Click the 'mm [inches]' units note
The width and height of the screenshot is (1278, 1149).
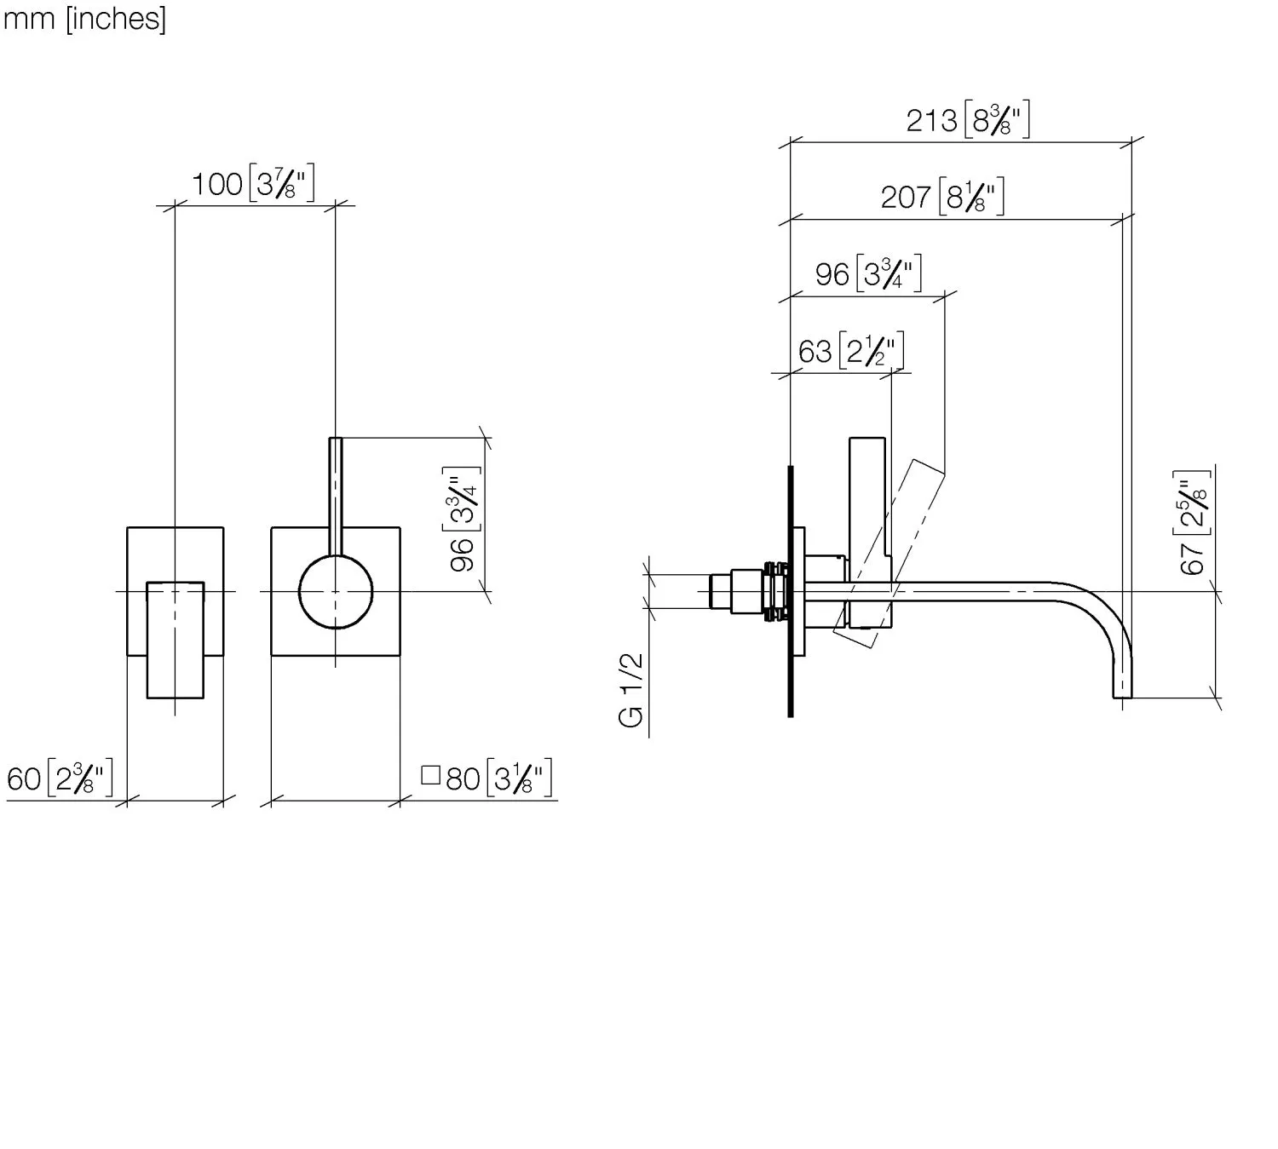84,19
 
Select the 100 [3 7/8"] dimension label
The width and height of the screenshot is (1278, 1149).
253,183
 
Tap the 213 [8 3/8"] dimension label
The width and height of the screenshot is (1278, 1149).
968,119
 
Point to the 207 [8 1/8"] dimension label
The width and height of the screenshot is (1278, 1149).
942,196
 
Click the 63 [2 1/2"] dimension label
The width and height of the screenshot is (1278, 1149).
851,350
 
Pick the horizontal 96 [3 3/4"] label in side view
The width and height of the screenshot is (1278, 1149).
868,273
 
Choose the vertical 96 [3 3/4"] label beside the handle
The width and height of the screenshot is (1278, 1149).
462,519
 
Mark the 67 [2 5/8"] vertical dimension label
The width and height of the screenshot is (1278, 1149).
1192,523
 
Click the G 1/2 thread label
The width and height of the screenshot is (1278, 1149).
630,690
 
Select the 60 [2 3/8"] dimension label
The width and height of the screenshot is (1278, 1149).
60,778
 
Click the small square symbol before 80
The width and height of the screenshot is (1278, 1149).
430,775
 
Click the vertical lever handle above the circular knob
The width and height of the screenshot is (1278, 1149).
336,497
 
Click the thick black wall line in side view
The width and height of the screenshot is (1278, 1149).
791,592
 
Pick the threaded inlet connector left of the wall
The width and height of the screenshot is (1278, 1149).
749,592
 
